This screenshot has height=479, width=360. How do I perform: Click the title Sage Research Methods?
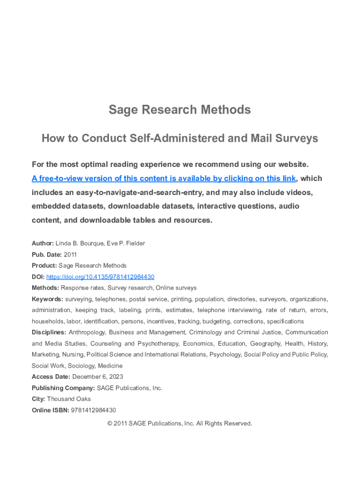pyautogui.click(x=180, y=110)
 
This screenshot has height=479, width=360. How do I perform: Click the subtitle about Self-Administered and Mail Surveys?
pyautogui.click(x=180, y=138)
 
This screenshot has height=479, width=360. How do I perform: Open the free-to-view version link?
pyautogui.click(x=164, y=179)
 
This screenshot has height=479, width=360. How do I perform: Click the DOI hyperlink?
pyautogui.click(x=100, y=277)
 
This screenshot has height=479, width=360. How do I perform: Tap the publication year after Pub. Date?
pyautogui.click(x=70, y=254)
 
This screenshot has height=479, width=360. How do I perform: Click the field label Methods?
pyautogui.click(x=45, y=288)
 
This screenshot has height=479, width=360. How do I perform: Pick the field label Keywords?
pyautogui.click(x=47, y=299)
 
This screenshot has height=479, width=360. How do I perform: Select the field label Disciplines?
pyautogui.click(x=49, y=332)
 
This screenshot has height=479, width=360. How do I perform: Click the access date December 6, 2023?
pyautogui.click(x=98, y=377)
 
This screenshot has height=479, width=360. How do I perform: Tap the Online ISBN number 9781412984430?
pyautogui.click(x=93, y=410)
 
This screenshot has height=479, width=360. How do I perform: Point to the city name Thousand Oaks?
pyautogui.click(x=69, y=399)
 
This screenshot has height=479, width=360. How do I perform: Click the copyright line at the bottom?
pyautogui.click(x=180, y=423)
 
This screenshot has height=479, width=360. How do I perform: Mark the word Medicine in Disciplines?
pyautogui.click(x=110, y=366)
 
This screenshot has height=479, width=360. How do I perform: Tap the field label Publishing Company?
pyautogui.click(x=63, y=388)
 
